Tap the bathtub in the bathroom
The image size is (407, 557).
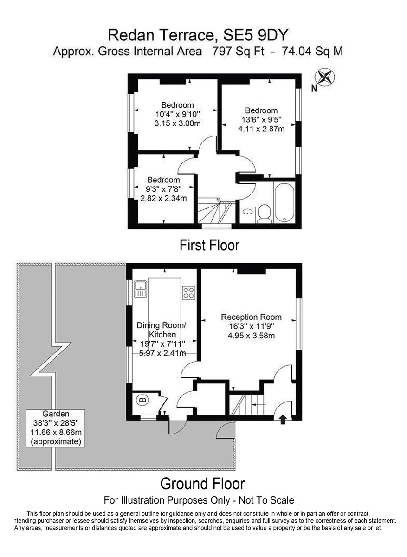pos(284,202)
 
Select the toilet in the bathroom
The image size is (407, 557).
pos(264,213)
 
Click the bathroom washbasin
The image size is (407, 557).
pos(247,211)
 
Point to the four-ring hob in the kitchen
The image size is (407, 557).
pos(189,293)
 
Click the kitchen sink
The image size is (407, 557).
pos(141,289)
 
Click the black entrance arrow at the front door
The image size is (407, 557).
pos(283,420)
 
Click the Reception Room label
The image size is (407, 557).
pos(251,317)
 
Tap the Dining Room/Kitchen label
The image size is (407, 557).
pos(162,330)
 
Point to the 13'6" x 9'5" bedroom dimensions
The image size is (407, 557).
pos(261,120)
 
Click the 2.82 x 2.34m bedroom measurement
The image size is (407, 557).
pos(163,198)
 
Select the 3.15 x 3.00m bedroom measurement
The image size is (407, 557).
pos(178,123)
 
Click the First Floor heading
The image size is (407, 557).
pos(209,245)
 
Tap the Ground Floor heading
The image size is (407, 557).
pos(202,484)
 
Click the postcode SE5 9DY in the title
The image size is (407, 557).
pos(255,35)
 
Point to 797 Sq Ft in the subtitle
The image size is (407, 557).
pos(238,52)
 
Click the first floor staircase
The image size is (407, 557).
pos(217,210)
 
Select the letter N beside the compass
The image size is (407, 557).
pos(314,88)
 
